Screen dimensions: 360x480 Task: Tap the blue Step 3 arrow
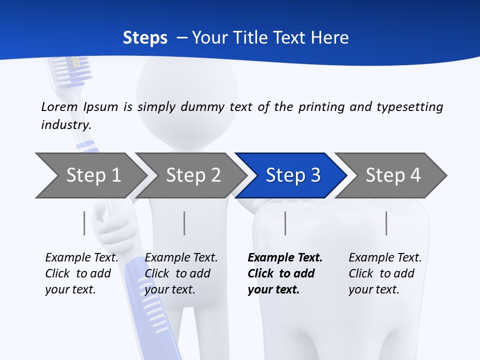point(292,175)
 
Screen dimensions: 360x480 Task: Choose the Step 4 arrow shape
point(392,175)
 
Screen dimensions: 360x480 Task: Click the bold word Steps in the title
point(145,38)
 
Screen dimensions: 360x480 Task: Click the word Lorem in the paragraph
point(59,107)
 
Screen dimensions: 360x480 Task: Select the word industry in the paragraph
point(65,125)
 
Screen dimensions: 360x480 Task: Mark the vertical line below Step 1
point(84,223)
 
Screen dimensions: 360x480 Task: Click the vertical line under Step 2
point(184,223)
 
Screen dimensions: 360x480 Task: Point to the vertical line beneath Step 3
point(285,223)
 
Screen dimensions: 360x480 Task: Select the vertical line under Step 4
point(386,223)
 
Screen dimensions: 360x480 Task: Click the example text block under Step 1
point(81,273)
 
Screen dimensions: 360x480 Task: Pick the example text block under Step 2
point(181,273)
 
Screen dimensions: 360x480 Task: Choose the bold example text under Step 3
point(285,273)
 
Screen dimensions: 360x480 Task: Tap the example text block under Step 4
point(385,273)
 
